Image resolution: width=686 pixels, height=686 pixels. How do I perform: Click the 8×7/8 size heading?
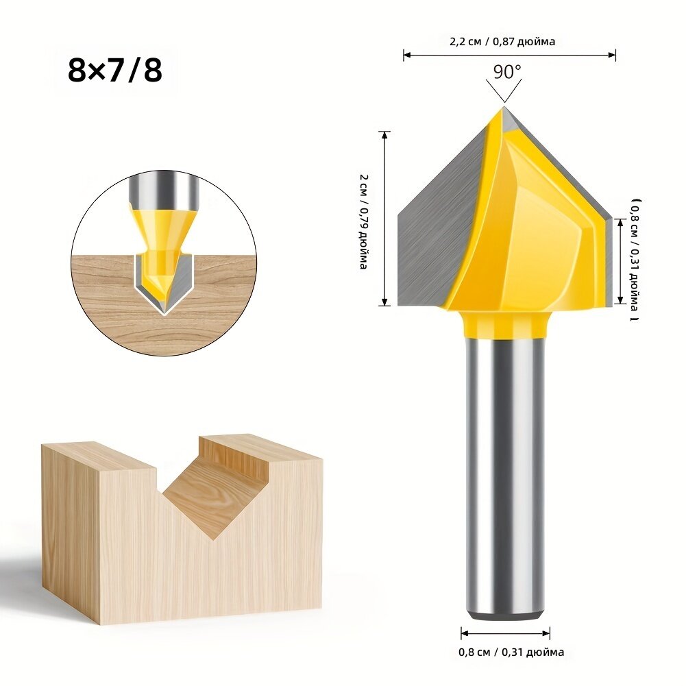pos(115,71)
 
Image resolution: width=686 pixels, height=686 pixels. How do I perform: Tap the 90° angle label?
pos(507,72)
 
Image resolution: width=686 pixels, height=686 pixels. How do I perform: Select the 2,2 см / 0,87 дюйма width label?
pos(502,42)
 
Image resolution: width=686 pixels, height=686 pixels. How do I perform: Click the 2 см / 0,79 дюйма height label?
pos(363,221)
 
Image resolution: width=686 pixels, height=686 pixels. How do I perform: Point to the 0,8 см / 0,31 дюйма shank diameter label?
pos(511,652)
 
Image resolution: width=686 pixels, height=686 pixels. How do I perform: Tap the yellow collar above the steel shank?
pos(505,324)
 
